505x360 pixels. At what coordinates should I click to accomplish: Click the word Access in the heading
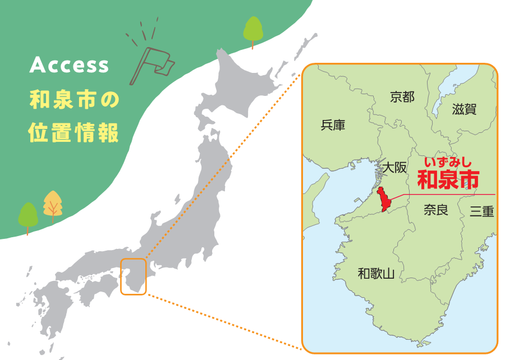pyautogui.click(x=69, y=66)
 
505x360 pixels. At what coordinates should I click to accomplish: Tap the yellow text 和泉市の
pyautogui.click(x=74, y=101)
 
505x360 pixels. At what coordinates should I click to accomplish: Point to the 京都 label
pyautogui.click(x=402, y=97)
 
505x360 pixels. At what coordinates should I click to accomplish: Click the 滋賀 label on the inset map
pyautogui.click(x=464, y=109)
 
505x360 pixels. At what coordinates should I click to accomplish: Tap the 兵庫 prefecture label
pyautogui.click(x=333, y=125)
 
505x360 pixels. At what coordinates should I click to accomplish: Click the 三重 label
pyautogui.click(x=481, y=211)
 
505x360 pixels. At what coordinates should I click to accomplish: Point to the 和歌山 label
pyautogui.click(x=377, y=274)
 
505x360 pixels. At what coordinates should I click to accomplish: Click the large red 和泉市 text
pyautogui.click(x=448, y=179)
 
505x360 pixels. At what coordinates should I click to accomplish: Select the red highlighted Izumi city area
pyautogui.click(x=384, y=199)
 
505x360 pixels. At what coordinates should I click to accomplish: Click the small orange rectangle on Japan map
pyautogui.click(x=133, y=276)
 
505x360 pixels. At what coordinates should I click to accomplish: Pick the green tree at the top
pyautogui.click(x=253, y=31)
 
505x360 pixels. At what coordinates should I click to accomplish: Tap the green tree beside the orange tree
pyautogui.click(x=28, y=217)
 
